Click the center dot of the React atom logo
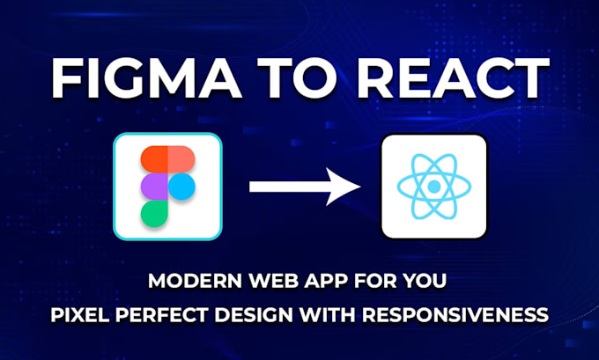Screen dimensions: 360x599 point(433,187)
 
